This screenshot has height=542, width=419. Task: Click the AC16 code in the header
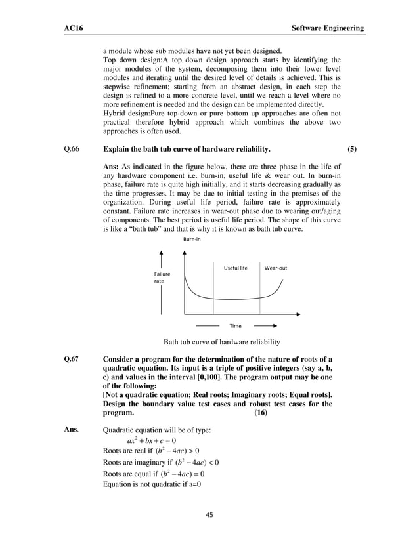(x=64, y=28)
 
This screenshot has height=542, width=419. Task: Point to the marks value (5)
(x=353, y=149)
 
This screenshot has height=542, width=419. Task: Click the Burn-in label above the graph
(x=191, y=240)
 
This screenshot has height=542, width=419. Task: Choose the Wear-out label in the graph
(x=275, y=268)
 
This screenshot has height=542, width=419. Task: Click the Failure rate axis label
(x=162, y=278)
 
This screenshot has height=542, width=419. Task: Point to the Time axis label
(x=235, y=325)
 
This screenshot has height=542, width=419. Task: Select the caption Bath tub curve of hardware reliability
(x=221, y=342)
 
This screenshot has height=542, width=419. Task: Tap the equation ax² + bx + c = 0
(x=151, y=440)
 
